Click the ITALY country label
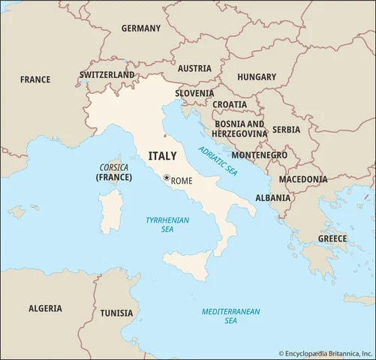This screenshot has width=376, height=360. (x=163, y=156)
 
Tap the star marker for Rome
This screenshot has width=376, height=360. (x=167, y=178)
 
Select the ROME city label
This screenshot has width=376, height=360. (x=182, y=181)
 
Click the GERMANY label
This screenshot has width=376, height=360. (x=141, y=28)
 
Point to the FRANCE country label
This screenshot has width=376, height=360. (x=35, y=79)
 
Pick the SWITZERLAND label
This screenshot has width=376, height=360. (x=107, y=75)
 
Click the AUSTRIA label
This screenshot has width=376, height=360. (x=194, y=68)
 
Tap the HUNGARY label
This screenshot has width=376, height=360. (x=257, y=76)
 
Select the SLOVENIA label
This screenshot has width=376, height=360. (x=194, y=94)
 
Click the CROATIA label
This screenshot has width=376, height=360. (x=230, y=104)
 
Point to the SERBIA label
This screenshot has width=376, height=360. (x=286, y=130)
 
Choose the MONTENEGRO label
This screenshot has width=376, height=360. (x=259, y=154)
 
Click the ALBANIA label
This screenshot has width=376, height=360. (x=273, y=198)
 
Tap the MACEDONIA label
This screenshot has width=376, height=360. (x=303, y=179)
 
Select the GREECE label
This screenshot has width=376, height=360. (x=332, y=238)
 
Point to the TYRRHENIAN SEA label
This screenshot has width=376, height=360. (x=167, y=224)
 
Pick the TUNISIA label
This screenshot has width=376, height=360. (x=116, y=313)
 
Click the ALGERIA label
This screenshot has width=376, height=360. (x=46, y=308)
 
